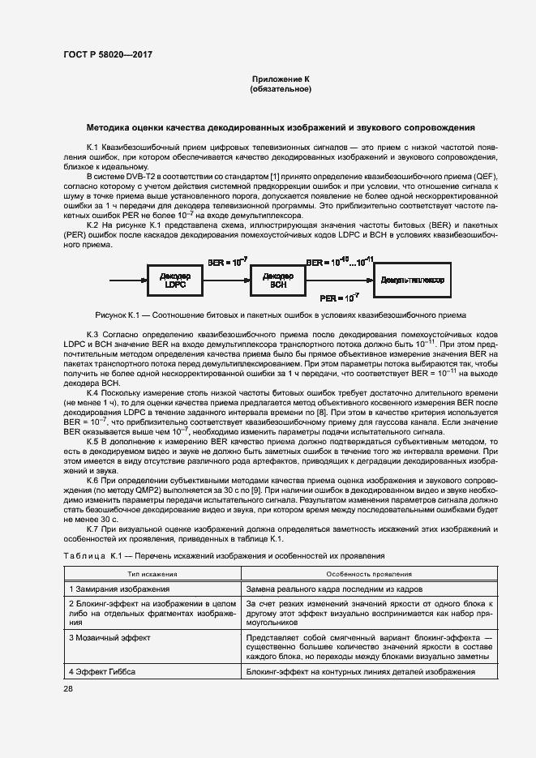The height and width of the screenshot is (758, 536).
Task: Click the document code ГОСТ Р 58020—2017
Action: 107,55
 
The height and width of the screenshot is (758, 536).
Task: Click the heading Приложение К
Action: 281,79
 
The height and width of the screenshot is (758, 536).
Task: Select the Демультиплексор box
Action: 423,279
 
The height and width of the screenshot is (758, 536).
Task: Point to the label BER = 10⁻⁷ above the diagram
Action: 227,263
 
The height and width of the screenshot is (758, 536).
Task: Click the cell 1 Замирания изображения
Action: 119,589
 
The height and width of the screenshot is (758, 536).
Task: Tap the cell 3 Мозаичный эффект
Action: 105,638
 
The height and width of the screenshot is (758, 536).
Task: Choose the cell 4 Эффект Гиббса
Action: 102,673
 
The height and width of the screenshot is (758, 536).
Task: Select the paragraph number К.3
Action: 93,333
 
